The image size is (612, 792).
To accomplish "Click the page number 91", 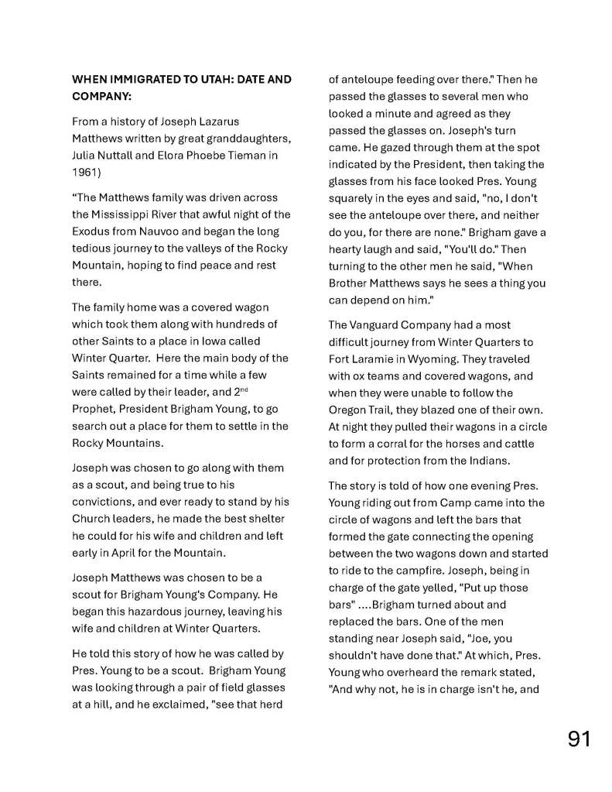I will [579, 739].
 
